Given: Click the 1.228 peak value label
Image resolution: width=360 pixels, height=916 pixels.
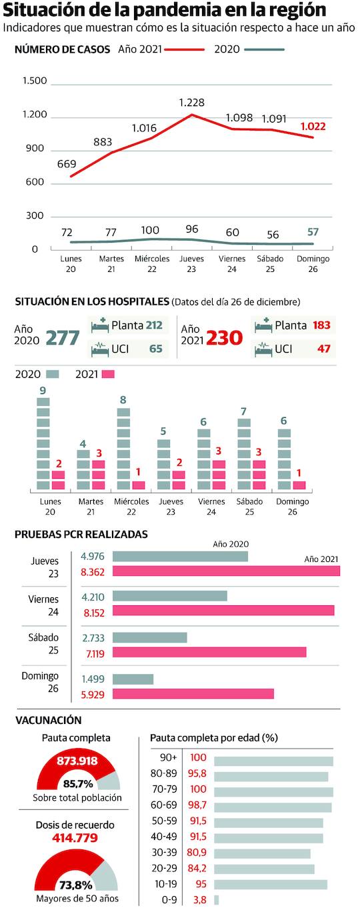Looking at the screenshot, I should (x=191, y=103).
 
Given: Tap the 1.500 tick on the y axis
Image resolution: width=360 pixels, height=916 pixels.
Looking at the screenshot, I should (x=35, y=81).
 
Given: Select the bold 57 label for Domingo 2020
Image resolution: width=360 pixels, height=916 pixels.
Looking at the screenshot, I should (x=313, y=231).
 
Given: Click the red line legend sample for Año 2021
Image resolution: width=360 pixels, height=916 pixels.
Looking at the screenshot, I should (x=185, y=49).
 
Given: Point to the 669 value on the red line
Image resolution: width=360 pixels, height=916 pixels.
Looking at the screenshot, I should (x=67, y=164).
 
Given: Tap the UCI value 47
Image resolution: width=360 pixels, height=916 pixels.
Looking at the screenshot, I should (x=323, y=349).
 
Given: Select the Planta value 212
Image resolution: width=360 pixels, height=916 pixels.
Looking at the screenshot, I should (x=155, y=325).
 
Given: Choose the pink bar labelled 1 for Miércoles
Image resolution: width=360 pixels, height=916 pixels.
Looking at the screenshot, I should (x=139, y=485).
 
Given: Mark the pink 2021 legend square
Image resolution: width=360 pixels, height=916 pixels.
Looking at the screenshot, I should (x=108, y=374).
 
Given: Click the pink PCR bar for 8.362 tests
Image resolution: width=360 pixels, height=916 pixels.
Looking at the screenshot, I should (x=226, y=571).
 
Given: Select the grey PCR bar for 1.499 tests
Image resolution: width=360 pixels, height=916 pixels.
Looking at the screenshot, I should (x=133, y=679).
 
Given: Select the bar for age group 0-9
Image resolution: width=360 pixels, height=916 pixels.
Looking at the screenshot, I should (x=216, y=899).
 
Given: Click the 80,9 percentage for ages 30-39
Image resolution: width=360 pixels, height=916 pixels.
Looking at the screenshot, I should (x=198, y=853).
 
